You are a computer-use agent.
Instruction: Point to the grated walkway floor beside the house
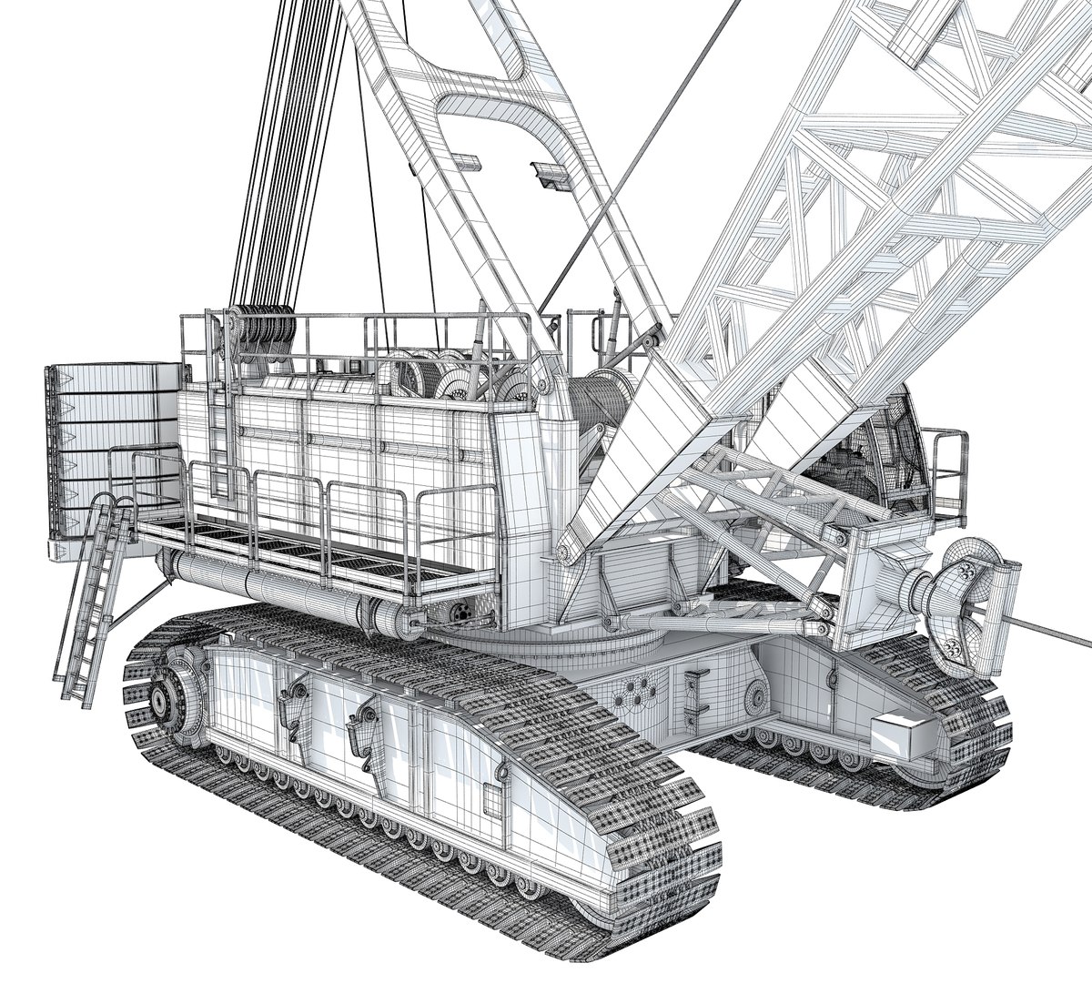tap(300, 546)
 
